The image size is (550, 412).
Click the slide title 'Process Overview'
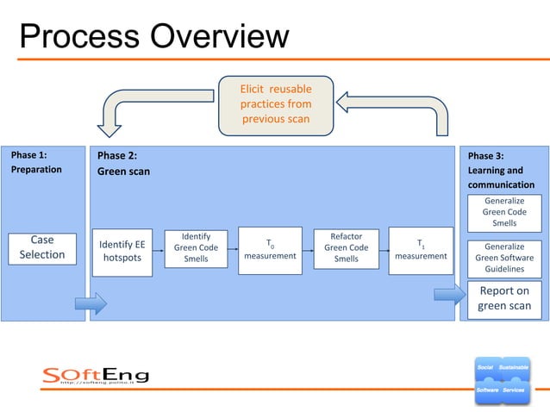(153, 36)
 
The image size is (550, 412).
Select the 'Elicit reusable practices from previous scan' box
(275, 103)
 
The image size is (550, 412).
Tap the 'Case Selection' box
(42, 247)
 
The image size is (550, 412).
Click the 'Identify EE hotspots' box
(122, 251)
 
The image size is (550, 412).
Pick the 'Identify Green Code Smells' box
(196, 247)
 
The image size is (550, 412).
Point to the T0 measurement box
(270, 250)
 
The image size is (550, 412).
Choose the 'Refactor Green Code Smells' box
(346, 247)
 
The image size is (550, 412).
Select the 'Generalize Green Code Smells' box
(504, 212)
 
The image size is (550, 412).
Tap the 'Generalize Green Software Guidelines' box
(504, 257)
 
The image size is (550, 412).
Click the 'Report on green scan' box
(504, 298)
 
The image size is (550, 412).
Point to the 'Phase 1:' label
(28, 156)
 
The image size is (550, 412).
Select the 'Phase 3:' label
(485, 156)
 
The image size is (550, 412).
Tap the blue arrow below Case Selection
(90, 303)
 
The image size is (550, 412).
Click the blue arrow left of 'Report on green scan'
(448, 296)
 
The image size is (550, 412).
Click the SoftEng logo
(96, 376)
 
